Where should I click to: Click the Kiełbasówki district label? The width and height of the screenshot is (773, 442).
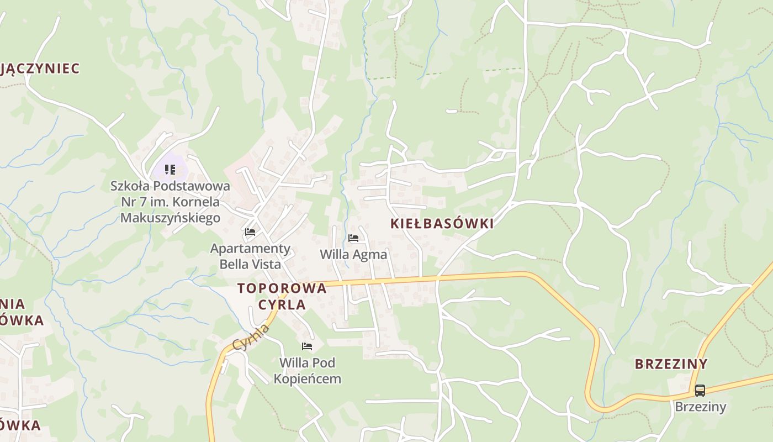point(442,223)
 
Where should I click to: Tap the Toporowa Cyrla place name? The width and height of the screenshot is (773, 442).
point(282,296)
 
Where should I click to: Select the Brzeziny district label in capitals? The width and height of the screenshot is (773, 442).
point(671,364)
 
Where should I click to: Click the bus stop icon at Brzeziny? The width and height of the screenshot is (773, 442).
point(700,391)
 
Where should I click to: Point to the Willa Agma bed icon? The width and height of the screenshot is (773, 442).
point(353,238)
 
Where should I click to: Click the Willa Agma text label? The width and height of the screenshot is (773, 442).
point(353,255)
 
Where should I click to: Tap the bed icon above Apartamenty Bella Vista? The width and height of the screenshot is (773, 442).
point(250,232)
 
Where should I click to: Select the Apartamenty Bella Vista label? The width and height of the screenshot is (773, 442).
point(250,256)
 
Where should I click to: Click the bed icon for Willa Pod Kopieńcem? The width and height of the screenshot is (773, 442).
point(307,346)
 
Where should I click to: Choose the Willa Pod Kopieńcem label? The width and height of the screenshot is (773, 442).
point(307,371)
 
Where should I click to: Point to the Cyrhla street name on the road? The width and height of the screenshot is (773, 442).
point(252,337)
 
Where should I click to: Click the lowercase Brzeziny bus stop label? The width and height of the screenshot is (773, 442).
point(700,407)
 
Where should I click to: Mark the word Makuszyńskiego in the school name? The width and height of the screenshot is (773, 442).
point(170,218)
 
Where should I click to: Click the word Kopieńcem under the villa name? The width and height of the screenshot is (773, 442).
point(307,379)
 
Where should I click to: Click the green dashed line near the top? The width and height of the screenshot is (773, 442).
point(447,72)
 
